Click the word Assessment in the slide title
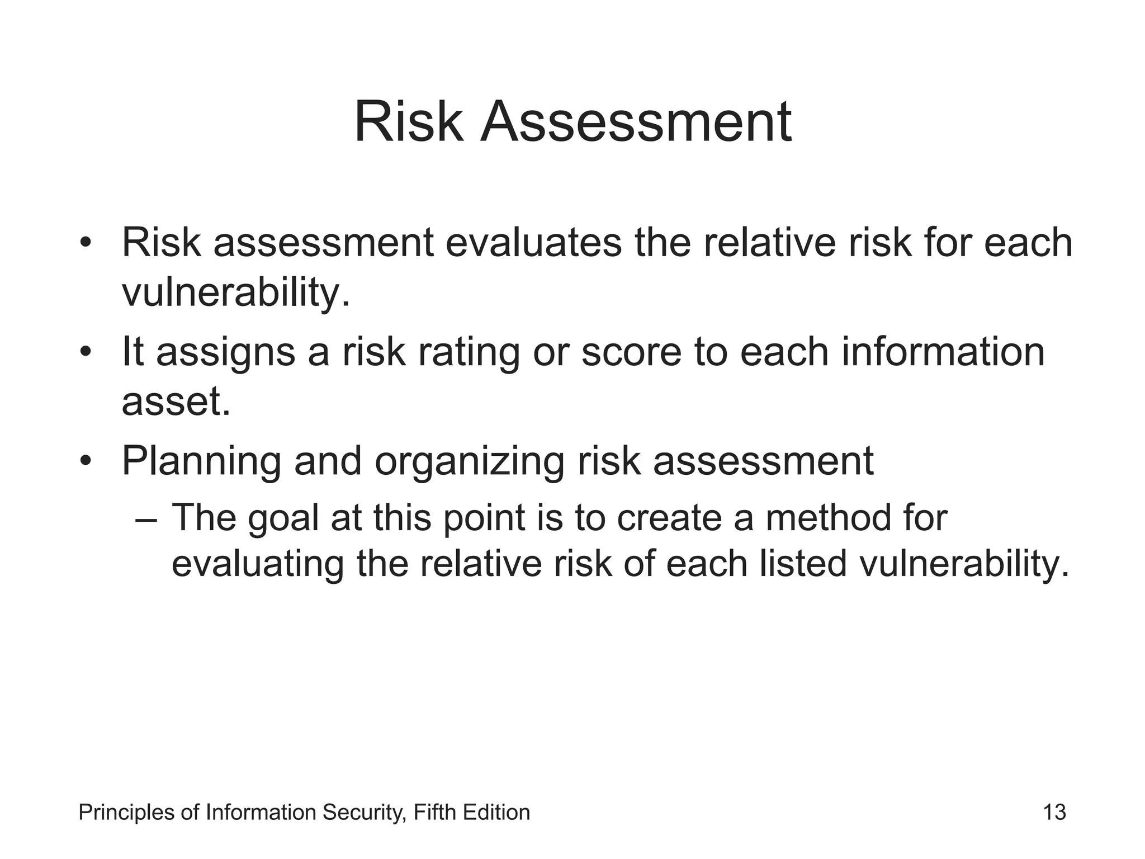point(636,122)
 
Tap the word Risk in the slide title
point(409,122)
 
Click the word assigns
point(225,353)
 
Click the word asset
point(176,401)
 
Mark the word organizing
point(469,462)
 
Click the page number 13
point(1054,813)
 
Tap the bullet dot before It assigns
point(85,352)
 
